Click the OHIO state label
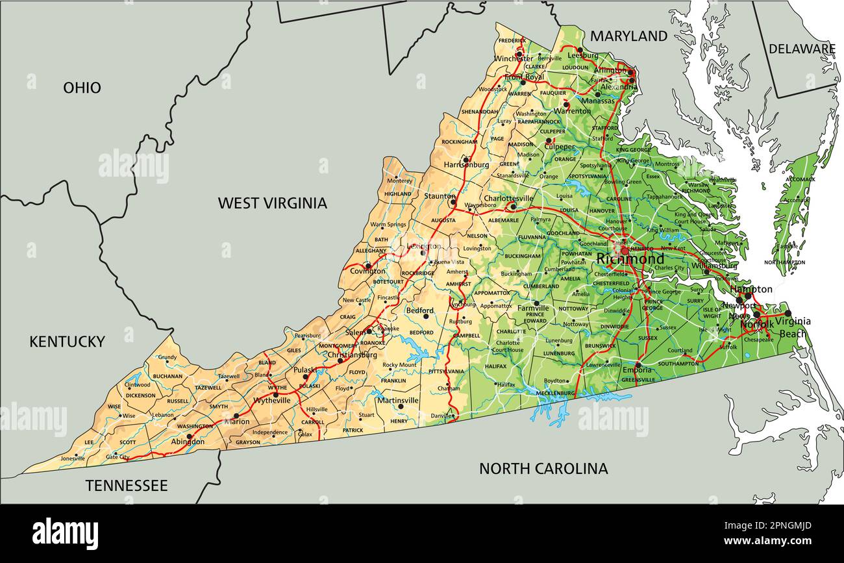(82, 88)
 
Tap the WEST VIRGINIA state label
(272, 203)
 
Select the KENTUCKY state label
(67, 342)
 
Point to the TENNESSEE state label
(127, 486)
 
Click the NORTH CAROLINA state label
(543, 468)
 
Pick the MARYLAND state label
(628, 36)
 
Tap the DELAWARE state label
(802, 49)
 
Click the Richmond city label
(630, 259)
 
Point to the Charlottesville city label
(508, 199)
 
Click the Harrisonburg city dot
(465, 158)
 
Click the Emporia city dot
(638, 364)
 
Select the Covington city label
(367, 271)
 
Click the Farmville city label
(532, 308)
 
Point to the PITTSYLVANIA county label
(447, 371)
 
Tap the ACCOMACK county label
(800, 179)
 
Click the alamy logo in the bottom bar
(65, 534)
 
